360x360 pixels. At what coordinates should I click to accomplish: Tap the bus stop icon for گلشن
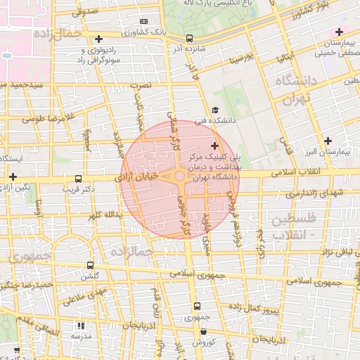coord(89,266)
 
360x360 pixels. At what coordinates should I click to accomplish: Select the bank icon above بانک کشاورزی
coord(144,22)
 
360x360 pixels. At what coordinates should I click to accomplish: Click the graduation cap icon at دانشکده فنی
coord(214,110)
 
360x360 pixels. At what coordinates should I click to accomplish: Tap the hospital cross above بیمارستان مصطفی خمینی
coord(339,32)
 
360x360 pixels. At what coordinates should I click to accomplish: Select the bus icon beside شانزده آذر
coord(188,39)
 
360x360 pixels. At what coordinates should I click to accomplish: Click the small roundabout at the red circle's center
coord(179,176)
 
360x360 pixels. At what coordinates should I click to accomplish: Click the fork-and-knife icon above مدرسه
coord(81,326)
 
